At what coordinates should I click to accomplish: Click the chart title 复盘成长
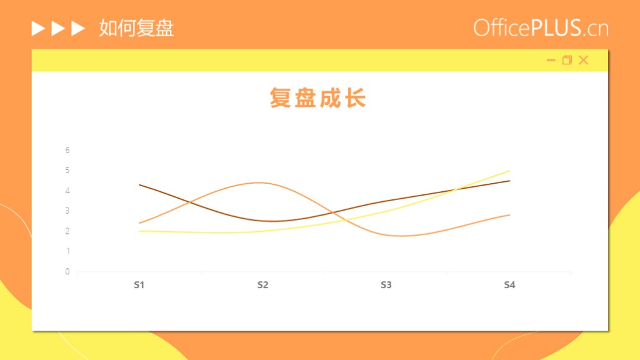click(x=317, y=98)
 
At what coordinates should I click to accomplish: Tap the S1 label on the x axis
click(x=139, y=285)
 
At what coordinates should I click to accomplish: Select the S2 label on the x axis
click(x=263, y=285)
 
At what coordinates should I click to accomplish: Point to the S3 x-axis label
click(x=386, y=285)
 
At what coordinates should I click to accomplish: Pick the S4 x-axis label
click(x=509, y=285)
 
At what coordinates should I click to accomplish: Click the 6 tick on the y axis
click(x=67, y=150)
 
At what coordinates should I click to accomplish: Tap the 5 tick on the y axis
click(x=67, y=170)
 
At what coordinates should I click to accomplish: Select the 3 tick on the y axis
click(x=67, y=211)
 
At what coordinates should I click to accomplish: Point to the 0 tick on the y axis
click(x=67, y=271)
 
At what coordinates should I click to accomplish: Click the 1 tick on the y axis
click(x=67, y=251)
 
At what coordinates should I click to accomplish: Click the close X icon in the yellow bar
click(x=584, y=60)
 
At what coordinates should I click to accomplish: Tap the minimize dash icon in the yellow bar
click(x=551, y=61)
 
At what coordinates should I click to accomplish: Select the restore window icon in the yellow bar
click(x=567, y=60)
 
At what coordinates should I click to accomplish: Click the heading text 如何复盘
click(x=136, y=28)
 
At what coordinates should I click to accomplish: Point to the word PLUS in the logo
click(x=556, y=27)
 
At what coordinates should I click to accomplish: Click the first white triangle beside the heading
click(x=38, y=29)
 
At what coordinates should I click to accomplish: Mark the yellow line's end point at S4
click(x=509, y=171)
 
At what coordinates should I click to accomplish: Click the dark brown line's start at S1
click(x=139, y=185)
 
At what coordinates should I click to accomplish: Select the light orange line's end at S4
click(x=509, y=215)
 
